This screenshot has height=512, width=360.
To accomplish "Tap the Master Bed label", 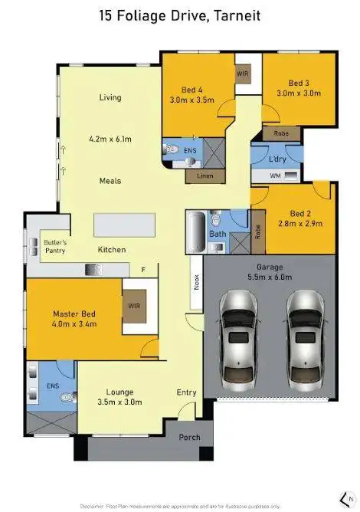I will point(74,319).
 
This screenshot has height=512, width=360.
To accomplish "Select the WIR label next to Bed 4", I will point(243,74).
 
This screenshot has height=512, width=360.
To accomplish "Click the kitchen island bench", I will point(123,225).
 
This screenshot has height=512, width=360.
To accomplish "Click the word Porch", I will point(189,438).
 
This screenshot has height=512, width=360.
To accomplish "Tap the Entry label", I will point(186,392).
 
